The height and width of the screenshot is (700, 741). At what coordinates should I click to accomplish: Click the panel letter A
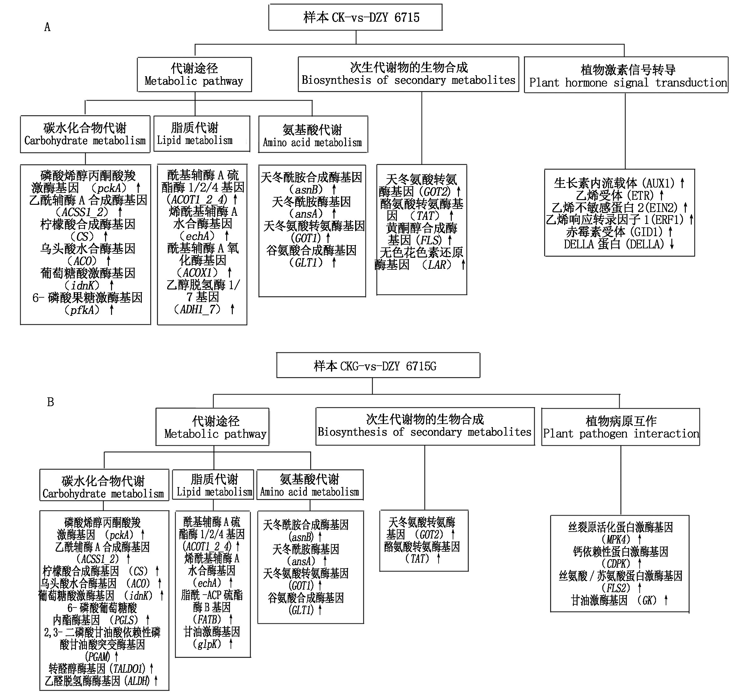[x=47, y=27]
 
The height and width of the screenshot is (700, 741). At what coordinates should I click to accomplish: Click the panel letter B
[x=51, y=402]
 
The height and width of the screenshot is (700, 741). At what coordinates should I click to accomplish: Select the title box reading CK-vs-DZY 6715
[x=355, y=17]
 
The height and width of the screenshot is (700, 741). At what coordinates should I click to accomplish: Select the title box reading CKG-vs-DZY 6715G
[x=378, y=366]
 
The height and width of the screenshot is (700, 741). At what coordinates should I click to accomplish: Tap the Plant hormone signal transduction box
[x=626, y=75]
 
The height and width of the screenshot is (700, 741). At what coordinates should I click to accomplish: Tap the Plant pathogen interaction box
[x=621, y=427]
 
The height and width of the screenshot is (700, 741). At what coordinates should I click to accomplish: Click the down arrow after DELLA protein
[x=672, y=244]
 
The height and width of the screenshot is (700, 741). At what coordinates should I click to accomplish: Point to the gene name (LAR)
[x=436, y=265]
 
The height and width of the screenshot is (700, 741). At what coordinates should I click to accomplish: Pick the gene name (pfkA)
[x=82, y=310]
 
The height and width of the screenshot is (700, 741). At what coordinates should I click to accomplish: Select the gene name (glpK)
[x=206, y=644]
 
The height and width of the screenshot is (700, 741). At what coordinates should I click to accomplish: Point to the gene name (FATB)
[x=207, y=619]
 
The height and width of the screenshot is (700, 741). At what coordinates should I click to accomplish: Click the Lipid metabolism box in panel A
[x=202, y=134]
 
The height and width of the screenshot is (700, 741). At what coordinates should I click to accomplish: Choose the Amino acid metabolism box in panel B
[x=310, y=485]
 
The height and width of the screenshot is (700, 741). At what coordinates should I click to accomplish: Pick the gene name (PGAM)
[x=98, y=656]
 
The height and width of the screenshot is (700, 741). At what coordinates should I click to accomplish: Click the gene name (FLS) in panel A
[x=429, y=240]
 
